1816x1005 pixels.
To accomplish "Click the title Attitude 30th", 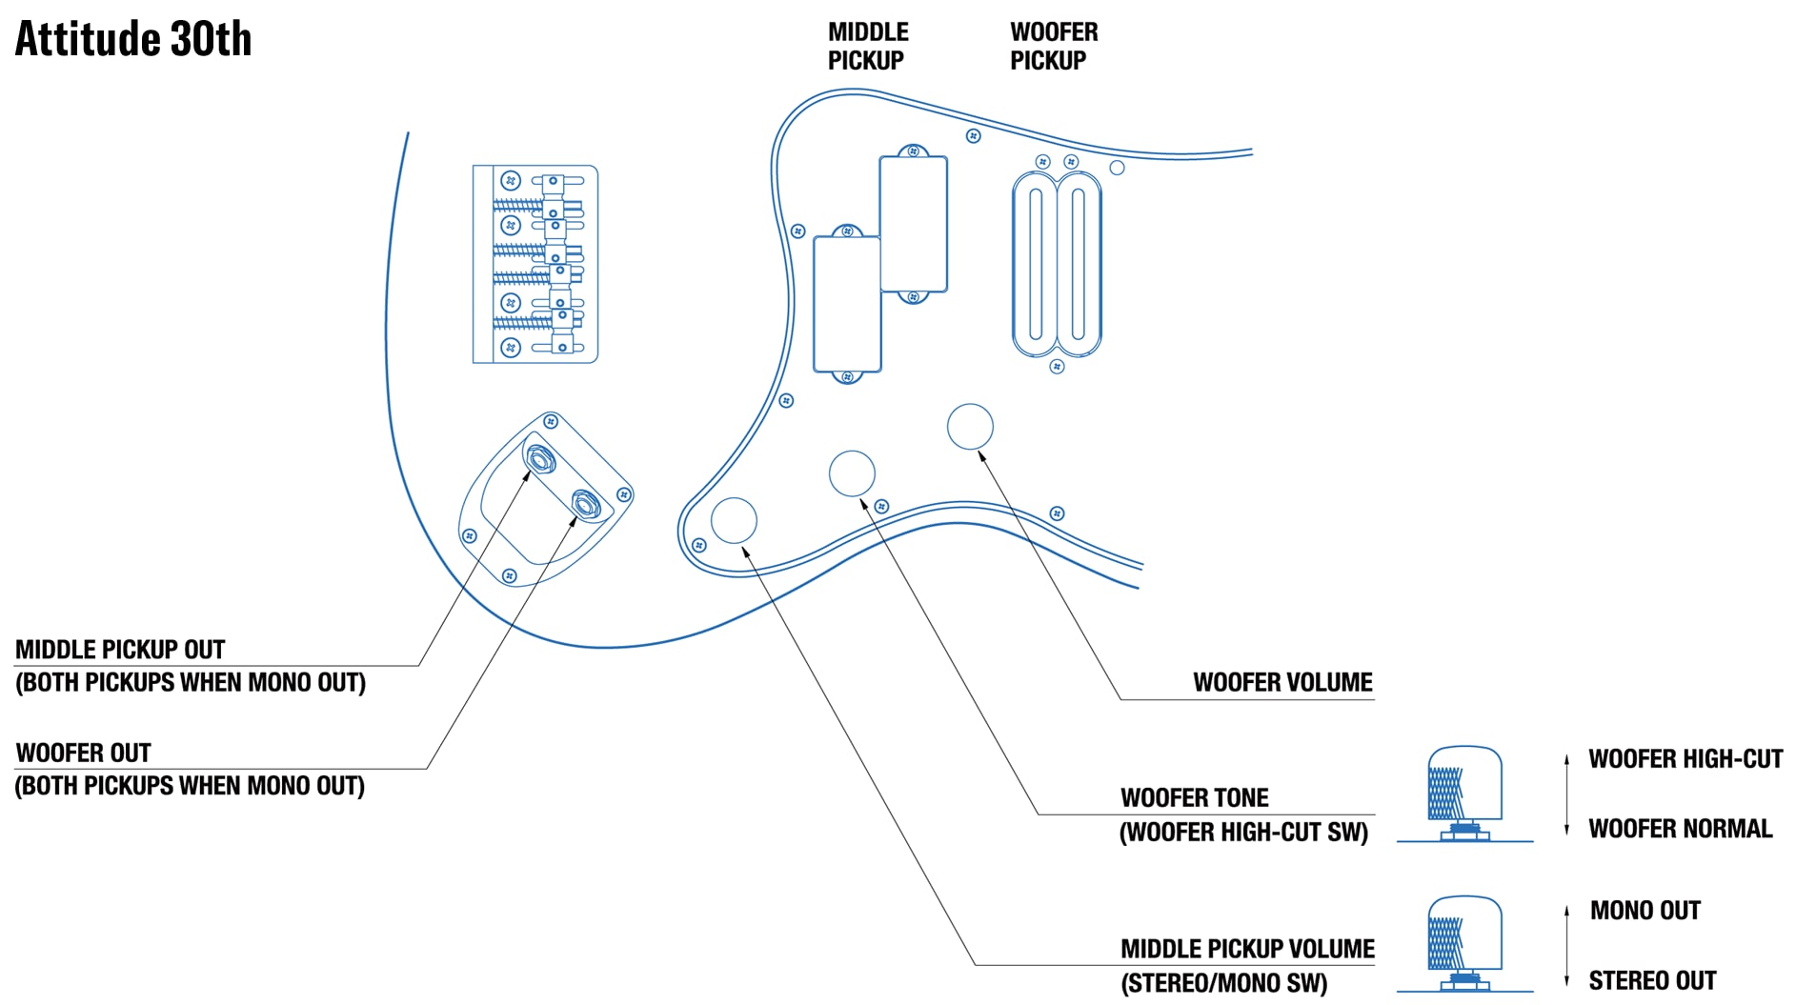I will pos(133,39).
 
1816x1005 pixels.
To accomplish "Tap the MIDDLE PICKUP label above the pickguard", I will pos(867,46).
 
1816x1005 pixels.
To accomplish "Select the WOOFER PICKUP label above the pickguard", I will pos(1053,46).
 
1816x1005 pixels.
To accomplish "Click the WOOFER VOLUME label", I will pos(1282,682).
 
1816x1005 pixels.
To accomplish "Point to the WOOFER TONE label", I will pos(1194,797).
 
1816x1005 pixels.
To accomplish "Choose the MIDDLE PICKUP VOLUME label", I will pos(1246,949).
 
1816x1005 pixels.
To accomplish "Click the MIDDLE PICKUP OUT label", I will pos(120,650).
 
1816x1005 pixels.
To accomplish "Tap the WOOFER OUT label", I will pos(84,753).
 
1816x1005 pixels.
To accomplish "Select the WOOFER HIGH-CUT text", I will pos(1685,759).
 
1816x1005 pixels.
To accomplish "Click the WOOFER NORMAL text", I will pos(1680,829).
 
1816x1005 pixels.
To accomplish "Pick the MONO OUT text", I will pos(1644,911).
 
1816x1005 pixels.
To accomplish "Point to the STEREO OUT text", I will pos(1651,980).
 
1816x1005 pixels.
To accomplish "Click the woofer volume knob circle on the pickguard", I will pos(970,427).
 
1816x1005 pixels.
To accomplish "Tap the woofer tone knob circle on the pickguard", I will pos(852,473).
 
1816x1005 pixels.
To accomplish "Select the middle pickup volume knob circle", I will pos(734,520).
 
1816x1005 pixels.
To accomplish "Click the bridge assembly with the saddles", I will pos(535,264).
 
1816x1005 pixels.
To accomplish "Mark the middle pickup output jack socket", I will pos(541,460).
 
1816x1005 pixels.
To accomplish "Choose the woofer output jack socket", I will pos(584,502).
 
